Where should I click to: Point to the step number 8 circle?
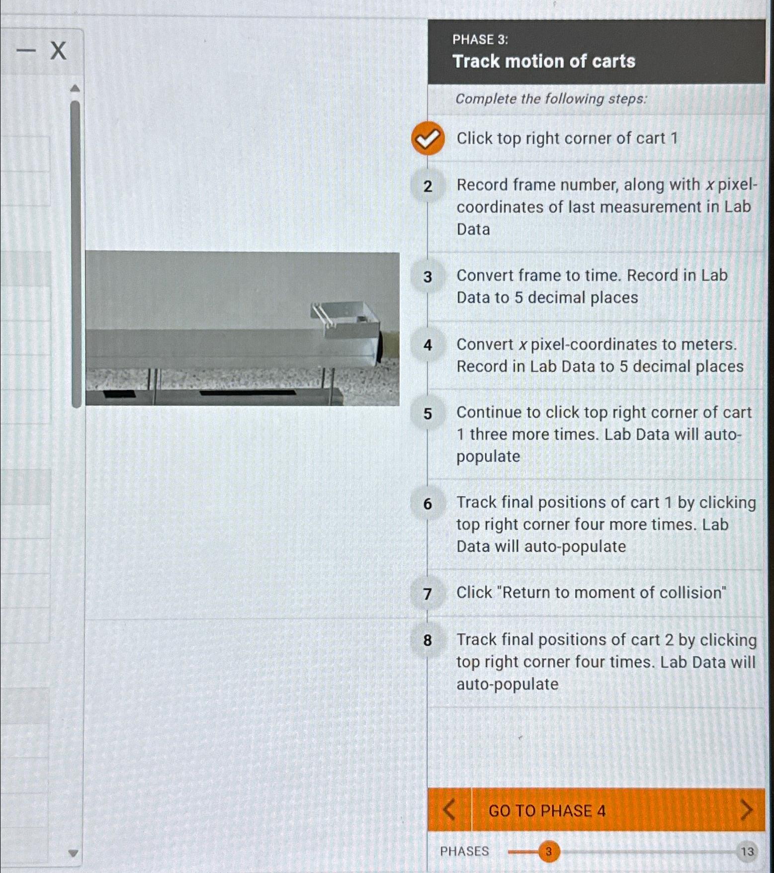tap(428, 640)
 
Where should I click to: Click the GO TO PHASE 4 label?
tap(547, 811)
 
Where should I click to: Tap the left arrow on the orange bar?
tap(449, 810)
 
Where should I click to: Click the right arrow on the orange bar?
tap(746, 810)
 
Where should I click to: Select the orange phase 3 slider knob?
tap(548, 852)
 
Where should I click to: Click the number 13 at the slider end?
tap(747, 852)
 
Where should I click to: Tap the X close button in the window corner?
tap(59, 51)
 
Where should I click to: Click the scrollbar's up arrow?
tap(75, 89)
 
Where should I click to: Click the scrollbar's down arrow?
tap(74, 853)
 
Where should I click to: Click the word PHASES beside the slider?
tap(464, 852)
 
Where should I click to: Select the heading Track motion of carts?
tap(544, 61)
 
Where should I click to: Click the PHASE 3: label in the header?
tap(480, 40)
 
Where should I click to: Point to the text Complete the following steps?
tap(551, 99)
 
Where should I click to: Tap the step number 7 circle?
tap(428, 594)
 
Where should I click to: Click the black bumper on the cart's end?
tap(380, 347)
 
